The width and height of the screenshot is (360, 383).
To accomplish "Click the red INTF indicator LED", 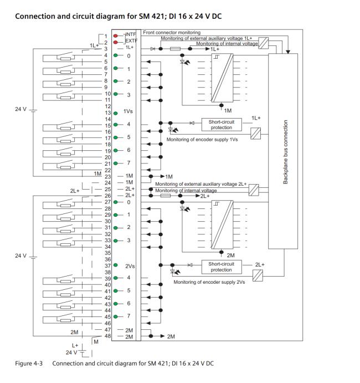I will (x=116, y=34).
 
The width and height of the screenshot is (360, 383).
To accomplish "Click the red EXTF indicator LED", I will (x=116, y=42).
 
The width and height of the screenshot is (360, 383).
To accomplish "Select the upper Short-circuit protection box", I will (x=222, y=124).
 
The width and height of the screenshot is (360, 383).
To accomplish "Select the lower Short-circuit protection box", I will (x=221, y=267).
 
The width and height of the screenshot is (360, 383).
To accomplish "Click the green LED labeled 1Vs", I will (x=116, y=112).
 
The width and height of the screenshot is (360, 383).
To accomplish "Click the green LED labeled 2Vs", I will (x=116, y=266).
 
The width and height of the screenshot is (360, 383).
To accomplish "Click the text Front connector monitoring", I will (x=172, y=33).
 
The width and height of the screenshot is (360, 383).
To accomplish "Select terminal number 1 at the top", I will (x=106, y=35).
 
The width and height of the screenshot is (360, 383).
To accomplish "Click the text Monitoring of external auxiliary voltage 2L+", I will (x=200, y=183).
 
